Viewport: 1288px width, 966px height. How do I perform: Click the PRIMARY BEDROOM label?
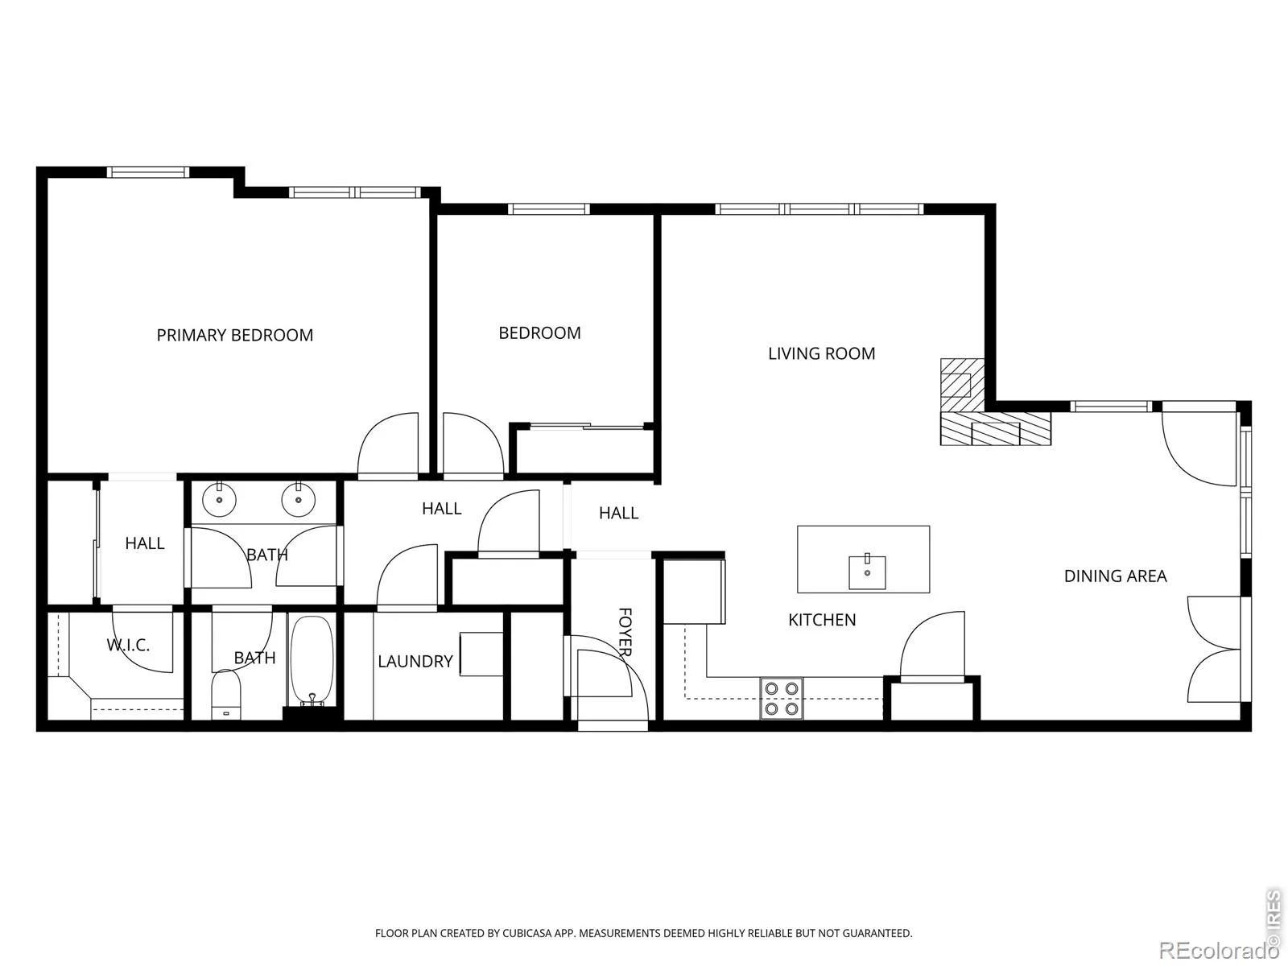[x=235, y=335]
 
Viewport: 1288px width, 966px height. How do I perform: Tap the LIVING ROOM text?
[x=822, y=353]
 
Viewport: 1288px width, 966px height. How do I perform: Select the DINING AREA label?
[x=1116, y=576]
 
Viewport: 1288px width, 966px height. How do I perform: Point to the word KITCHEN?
[x=822, y=619]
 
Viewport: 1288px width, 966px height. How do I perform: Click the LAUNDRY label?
[x=415, y=661]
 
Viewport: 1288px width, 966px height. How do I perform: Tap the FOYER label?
[x=625, y=632]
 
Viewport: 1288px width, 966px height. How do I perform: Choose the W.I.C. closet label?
[x=128, y=645]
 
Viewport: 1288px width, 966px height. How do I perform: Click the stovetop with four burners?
[x=782, y=699]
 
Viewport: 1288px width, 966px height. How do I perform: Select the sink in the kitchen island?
[x=867, y=572]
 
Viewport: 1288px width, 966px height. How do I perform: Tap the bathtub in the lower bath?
[x=312, y=660]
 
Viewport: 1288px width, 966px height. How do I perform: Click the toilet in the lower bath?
[x=226, y=695]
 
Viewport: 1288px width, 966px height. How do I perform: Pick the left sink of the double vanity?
[x=220, y=500]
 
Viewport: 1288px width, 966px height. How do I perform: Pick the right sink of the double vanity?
[x=299, y=500]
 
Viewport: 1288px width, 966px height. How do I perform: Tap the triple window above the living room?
[x=819, y=208]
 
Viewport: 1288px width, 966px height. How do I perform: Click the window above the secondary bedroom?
[x=549, y=208]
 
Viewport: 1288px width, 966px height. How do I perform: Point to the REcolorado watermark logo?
[x=1220, y=949]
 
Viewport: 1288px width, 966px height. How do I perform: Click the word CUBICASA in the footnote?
[x=527, y=933]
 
